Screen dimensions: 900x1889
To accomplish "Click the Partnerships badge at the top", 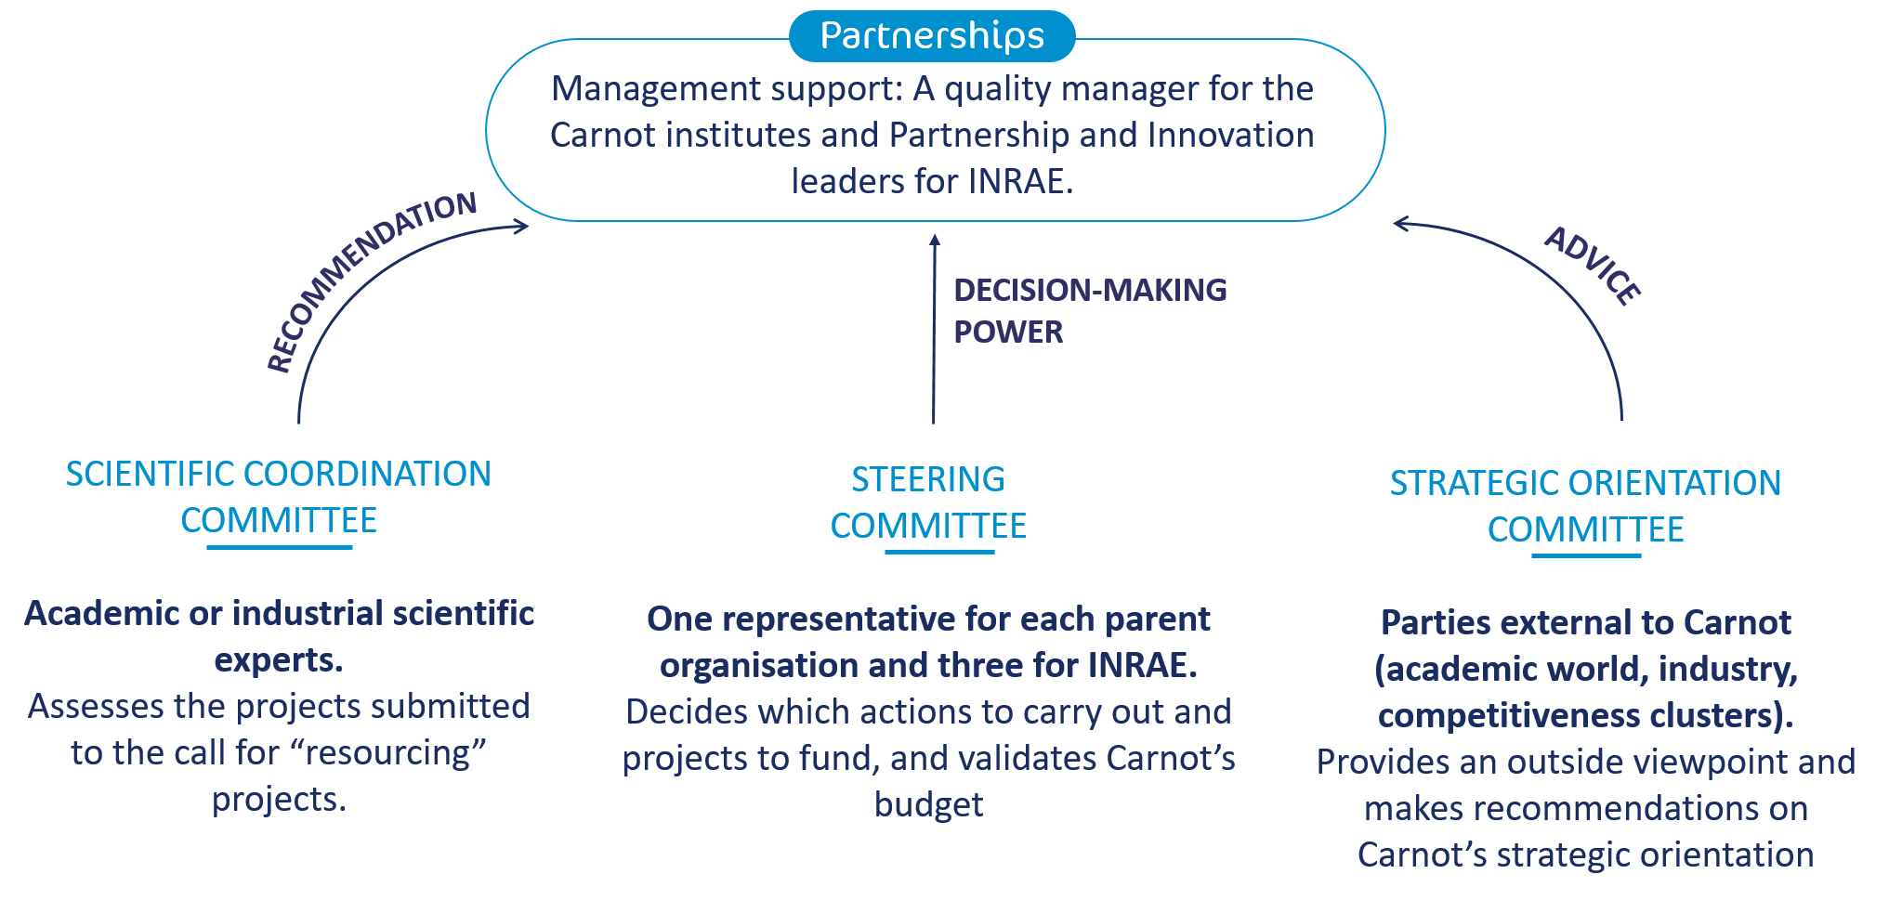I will [932, 36].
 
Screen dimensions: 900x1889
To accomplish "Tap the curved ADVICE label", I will [1593, 266].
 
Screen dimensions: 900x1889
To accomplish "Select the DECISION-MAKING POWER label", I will [1089, 310].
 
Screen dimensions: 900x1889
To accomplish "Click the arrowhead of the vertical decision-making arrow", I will [935, 241].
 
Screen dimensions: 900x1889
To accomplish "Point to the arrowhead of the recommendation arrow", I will [522, 226].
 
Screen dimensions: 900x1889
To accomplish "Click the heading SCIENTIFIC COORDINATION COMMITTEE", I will [278, 496].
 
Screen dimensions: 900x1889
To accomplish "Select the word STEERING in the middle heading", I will [927, 479].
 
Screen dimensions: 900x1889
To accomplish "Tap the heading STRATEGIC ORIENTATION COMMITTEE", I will [1584, 505].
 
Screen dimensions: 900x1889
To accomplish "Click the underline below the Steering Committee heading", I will [939, 552].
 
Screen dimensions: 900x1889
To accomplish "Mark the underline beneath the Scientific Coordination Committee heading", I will [279, 547].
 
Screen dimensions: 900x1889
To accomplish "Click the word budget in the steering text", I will [928, 804].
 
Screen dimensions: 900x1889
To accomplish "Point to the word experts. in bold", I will [279, 659].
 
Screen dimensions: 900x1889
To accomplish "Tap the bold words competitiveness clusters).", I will [1584, 715].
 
